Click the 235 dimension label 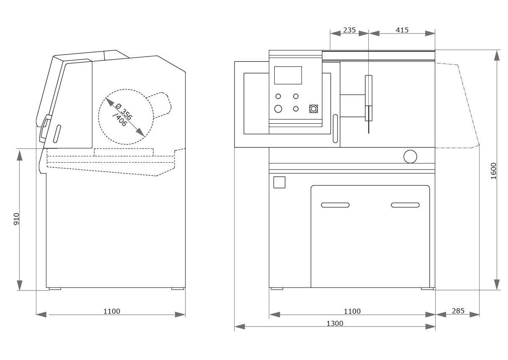[349, 30]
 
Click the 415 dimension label [402, 30]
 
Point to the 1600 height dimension [494, 170]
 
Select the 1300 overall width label [335, 323]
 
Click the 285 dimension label [458, 311]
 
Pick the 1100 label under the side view [112, 311]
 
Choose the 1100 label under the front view [352, 311]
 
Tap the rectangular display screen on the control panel [288, 75]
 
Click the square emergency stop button [313, 109]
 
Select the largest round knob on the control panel [278, 109]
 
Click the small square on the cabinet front [279, 182]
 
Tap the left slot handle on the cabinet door [335, 205]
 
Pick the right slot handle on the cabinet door [405, 205]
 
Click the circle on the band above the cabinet [410, 156]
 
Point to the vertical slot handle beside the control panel [335, 128]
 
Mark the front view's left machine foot [276, 289]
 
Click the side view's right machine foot [177, 289]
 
